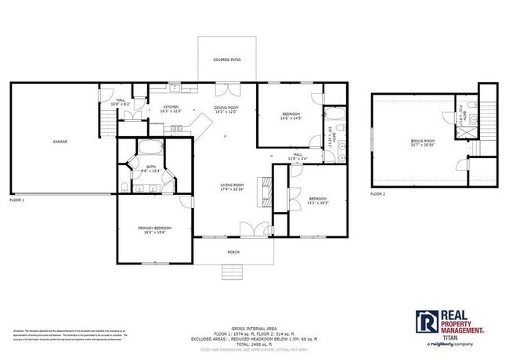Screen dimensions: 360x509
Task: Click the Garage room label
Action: pyautogui.click(x=60, y=142)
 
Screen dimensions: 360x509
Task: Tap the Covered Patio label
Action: pyautogui.click(x=227, y=59)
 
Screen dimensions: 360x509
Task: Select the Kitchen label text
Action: pyautogui.click(x=171, y=106)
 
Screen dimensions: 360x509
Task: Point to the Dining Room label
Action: pyautogui.click(x=226, y=106)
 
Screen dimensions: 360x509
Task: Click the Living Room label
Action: pyautogui.click(x=233, y=185)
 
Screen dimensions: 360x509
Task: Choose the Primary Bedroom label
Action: pyautogui.click(x=154, y=227)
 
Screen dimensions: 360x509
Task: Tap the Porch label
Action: pyautogui.click(x=233, y=252)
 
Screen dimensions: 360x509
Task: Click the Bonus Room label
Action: pyautogui.click(x=422, y=141)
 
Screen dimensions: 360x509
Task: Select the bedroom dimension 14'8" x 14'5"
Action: pyautogui.click(x=291, y=118)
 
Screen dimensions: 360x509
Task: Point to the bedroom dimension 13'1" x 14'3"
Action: pyautogui.click(x=318, y=203)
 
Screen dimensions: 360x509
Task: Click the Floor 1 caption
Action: pyautogui.click(x=17, y=200)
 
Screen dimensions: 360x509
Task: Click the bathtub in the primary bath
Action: pyautogui.click(x=150, y=149)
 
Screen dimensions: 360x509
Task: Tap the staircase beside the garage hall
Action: pyautogui.click(x=106, y=120)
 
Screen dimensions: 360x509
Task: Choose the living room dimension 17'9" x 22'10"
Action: pyautogui.click(x=233, y=189)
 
